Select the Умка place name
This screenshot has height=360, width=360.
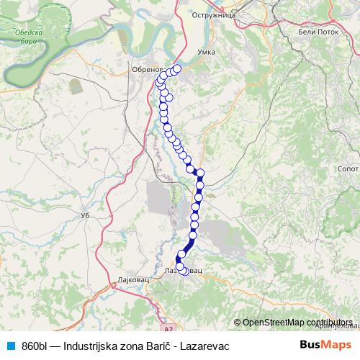pyautogui.click(x=207, y=53)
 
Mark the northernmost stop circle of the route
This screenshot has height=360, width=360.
pyautogui.click(x=176, y=68)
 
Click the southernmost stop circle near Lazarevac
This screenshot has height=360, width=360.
pyautogui.click(x=184, y=271)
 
